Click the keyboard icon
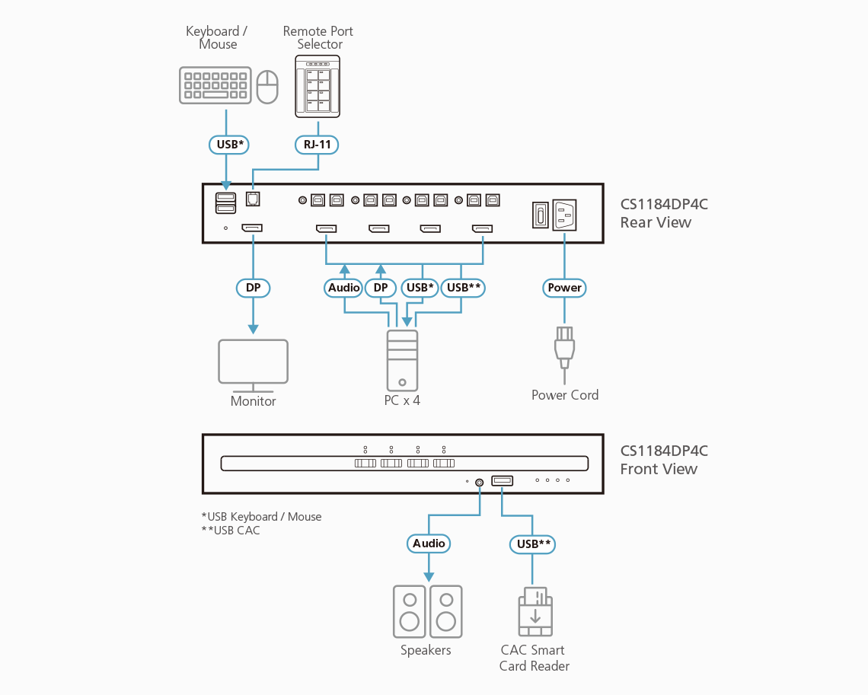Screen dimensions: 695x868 pyautogui.click(x=215, y=85)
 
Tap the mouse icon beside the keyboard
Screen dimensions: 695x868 pyautogui.click(x=267, y=87)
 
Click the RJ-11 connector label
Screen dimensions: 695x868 pyautogui.click(x=318, y=143)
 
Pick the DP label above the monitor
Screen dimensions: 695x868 pyautogui.click(x=253, y=288)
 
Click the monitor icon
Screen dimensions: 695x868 pyautogui.click(x=253, y=362)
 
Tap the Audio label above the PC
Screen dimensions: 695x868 pyautogui.click(x=344, y=288)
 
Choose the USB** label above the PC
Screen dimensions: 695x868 pyautogui.click(x=463, y=288)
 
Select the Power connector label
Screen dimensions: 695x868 pyautogui.click(x=564, y=288)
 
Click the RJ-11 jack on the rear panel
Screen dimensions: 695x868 pyautogui.click(x=254, y=198)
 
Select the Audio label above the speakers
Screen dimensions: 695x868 pyautogui.click(x=429, y=544)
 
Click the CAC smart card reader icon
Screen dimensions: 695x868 pyautogui.click(x=535, y=614)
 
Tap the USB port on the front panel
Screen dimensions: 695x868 pyautogui.click(x=503, y=480)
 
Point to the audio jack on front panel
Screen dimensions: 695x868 pyautogui.click(x=480, y=482)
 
